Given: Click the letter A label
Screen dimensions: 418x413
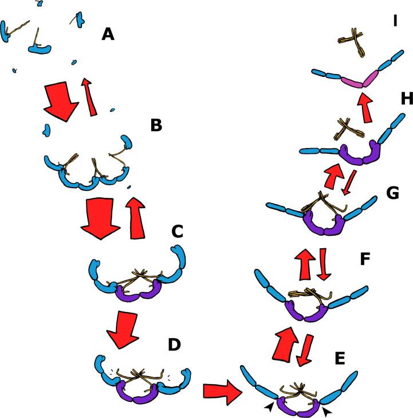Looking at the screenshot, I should click(108, 35).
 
